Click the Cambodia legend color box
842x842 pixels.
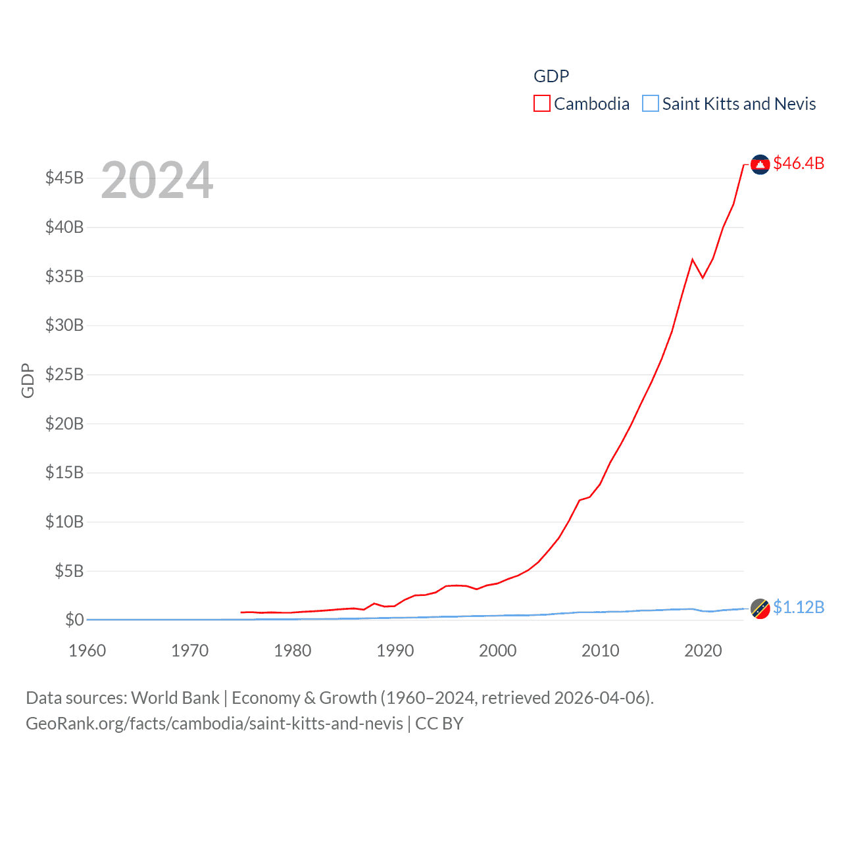[x=541, y=104]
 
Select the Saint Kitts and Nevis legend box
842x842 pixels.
[x=650, y=104]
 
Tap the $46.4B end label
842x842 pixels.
[x=799, y=163]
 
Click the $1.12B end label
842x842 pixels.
[x=799, y=607]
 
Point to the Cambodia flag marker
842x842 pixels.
[x=760, y=164]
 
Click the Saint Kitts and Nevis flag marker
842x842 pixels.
[x=760, y=609]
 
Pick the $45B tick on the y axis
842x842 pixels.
[x=64, y=178]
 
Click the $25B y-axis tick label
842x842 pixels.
[x=64, y=374]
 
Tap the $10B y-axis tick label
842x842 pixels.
[x=64, y=522]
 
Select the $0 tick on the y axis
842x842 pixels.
[x=74, y=620]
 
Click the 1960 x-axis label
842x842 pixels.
[x=87, y=651]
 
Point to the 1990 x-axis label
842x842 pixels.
[x=395, y=651]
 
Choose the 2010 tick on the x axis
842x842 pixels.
[x=600, y=651]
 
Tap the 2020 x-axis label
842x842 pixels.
[x=703, y=651]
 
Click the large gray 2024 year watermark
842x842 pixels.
[x=157, y=180]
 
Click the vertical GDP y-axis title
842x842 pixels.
[x=28, y=380]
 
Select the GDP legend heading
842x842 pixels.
[x=551, y=76]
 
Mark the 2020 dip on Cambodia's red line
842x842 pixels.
[x=703, y=278]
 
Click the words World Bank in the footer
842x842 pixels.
[x=176, y=698]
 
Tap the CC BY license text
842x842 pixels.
[x=439, y=724]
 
